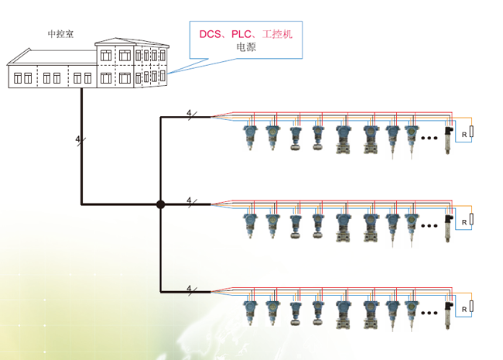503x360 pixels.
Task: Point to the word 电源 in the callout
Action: [246, 47]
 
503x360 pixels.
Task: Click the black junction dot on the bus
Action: [160, 204]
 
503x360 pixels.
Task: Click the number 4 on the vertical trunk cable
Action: [77, 139]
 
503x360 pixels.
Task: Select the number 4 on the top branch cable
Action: [189, 113]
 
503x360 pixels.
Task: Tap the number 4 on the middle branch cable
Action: [189, 201]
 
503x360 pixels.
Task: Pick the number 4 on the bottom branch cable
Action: [189, 288]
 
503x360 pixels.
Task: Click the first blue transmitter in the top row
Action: [251, 136]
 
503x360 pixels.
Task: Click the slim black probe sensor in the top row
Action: [448, 141]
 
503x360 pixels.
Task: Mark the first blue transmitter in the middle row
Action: [251, 224]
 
